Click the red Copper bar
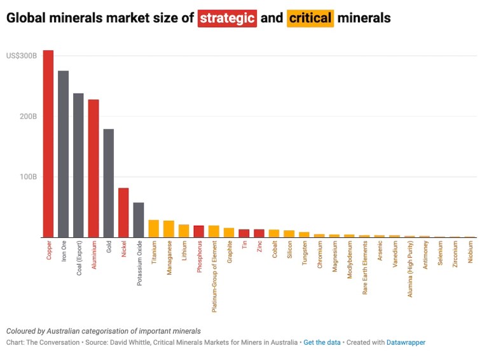[48, 143]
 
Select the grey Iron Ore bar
[64, 154]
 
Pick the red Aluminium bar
[93, 169]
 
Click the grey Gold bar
[109, 183]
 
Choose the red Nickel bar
[123, 212]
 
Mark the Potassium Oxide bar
[139, 220]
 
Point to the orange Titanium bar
[154, 229]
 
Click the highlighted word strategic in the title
[228, 18]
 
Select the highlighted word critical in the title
[310, 18]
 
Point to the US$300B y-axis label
[22, 56]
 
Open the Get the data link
[321, 342]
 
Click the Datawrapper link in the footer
[406, 342]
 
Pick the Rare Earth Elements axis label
[365, 268]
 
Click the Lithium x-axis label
[184, 253]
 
